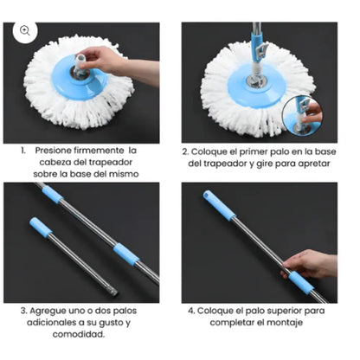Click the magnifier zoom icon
[x=24, y=30]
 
